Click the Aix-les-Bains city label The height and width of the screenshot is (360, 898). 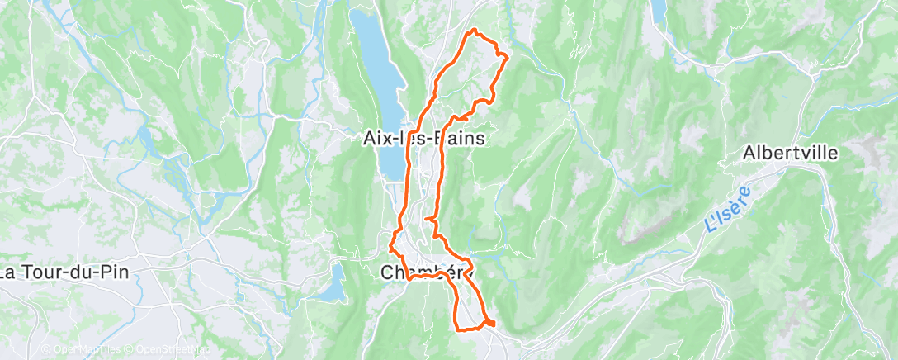tap(424, 139)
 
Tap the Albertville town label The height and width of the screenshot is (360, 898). tap(790, 153)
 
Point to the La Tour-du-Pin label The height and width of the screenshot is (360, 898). tap(64, 272)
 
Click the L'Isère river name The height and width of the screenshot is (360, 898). tap(726, 212)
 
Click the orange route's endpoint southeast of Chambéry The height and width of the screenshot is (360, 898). tap(494, 323)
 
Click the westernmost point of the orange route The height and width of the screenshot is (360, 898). tap(389, 245)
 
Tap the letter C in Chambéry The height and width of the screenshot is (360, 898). tap(388, 272)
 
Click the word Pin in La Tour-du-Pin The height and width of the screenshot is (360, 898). tap(116, 272)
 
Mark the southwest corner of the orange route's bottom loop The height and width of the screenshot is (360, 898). tap(457, 328)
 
